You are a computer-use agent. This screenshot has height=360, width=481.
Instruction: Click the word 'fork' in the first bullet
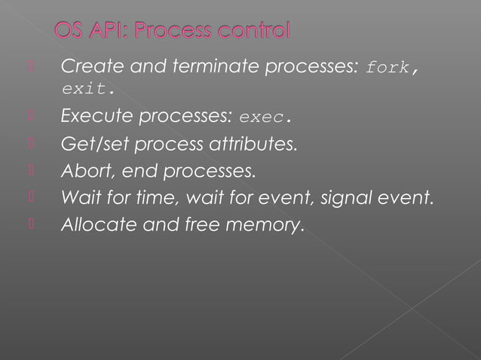[x=387, y=68]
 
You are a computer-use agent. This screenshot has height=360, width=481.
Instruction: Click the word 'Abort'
[x=81, y=172]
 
